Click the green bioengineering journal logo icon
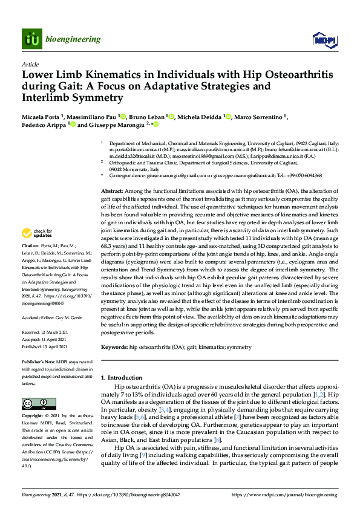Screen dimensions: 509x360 pyautogui.click(x=31, y=39)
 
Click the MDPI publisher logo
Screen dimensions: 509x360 pyautogui.click(x=325, y=39)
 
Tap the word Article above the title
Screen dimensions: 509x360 pyautogui.click(x=30, y=63)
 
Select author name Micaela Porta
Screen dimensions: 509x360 pyautogui.click(x=44, y=116)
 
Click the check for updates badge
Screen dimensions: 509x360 pyautogui.click(x=38, y=233)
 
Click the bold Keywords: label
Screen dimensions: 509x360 pyautogui.click(x=115, y=348)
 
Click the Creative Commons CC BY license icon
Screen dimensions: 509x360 pyautogui.click(x=36, y=403)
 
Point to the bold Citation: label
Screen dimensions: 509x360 pyautogui.click(x=30, y=247)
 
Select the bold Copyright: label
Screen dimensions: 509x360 pyautogui.click(x=33, y=417)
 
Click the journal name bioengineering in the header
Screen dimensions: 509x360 pyautogui.click(x=73, y=39)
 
